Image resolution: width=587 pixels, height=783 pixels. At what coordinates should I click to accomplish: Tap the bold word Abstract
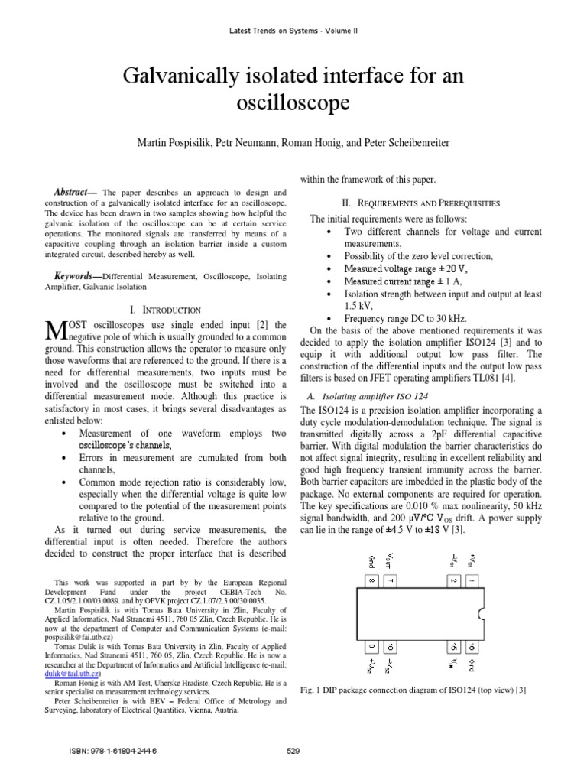coord(73,192)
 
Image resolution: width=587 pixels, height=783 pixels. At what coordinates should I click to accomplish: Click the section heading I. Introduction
coord(165,310)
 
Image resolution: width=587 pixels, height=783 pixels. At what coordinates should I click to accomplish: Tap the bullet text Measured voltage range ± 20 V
coord(405,268)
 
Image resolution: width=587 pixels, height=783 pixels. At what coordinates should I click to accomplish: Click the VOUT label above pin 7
coord(391,561)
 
